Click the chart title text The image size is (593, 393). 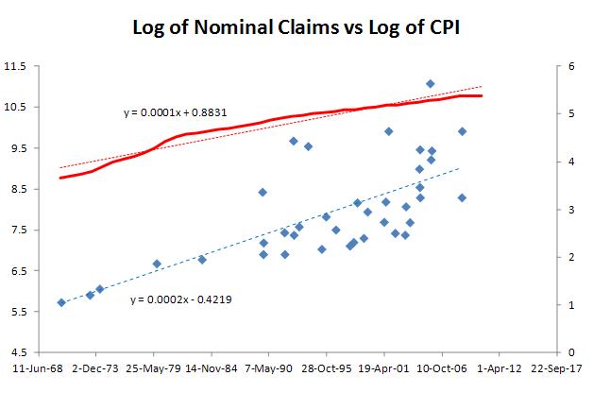tap(296, 28)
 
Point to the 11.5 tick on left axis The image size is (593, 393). tap(16, 66)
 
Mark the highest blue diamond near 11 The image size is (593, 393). tap(430, 84)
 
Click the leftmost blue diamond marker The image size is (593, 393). tap(61, 302)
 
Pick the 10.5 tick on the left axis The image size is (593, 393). tap(16, 107)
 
